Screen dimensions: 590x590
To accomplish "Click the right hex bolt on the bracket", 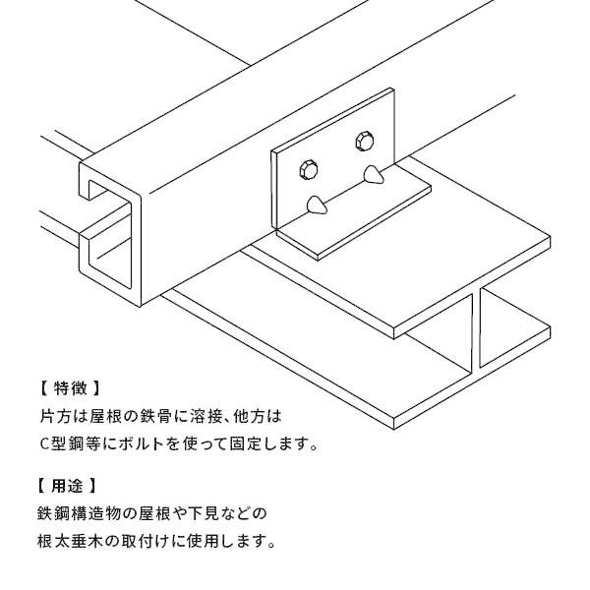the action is point(363,143).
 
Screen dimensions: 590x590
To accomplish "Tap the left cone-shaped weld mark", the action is point(317,205).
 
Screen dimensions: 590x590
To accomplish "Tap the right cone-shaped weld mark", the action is point(373,177).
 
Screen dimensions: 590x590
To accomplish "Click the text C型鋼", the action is point(61,443).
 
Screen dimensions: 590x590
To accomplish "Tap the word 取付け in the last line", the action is point(142,541).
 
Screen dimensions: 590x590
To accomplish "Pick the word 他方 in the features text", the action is point(257,416).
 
